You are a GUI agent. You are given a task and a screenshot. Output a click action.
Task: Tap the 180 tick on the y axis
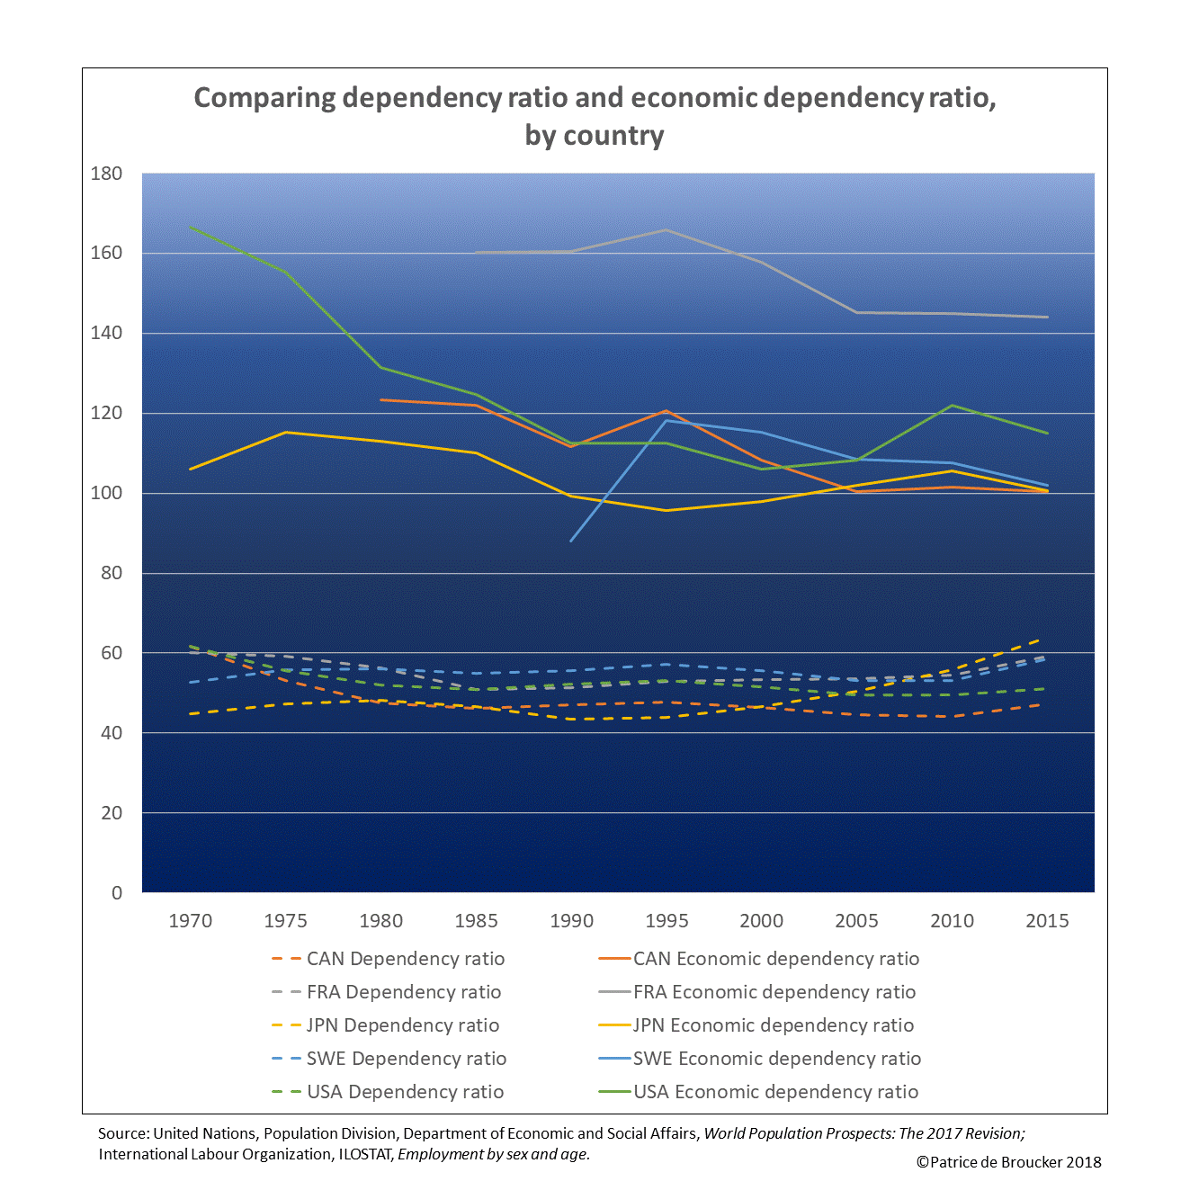click(106, 174)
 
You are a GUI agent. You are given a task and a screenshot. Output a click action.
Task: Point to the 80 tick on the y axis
click(112, 573)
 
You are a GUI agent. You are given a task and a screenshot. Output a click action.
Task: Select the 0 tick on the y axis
click(117, 892)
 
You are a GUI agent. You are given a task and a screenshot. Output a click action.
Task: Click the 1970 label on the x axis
click(191, 921)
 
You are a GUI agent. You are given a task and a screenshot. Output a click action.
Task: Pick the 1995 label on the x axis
click(667, 921)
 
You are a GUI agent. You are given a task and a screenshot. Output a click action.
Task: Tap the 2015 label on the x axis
click(1047, 921)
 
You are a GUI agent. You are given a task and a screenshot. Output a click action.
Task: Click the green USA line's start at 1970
click(191, 228)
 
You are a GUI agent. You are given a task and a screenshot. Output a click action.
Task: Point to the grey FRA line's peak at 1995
click(667, 230)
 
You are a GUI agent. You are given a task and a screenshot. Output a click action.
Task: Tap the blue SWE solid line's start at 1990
click(571, 541)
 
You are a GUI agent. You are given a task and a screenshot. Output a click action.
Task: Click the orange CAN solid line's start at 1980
click(381, 399)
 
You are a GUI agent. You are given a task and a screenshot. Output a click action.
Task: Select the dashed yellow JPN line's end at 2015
click(1042, 640)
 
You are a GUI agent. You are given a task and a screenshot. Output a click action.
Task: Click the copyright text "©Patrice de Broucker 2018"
click(1008, 1162)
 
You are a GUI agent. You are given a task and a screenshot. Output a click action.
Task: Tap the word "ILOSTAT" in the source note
click(364, 1154)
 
